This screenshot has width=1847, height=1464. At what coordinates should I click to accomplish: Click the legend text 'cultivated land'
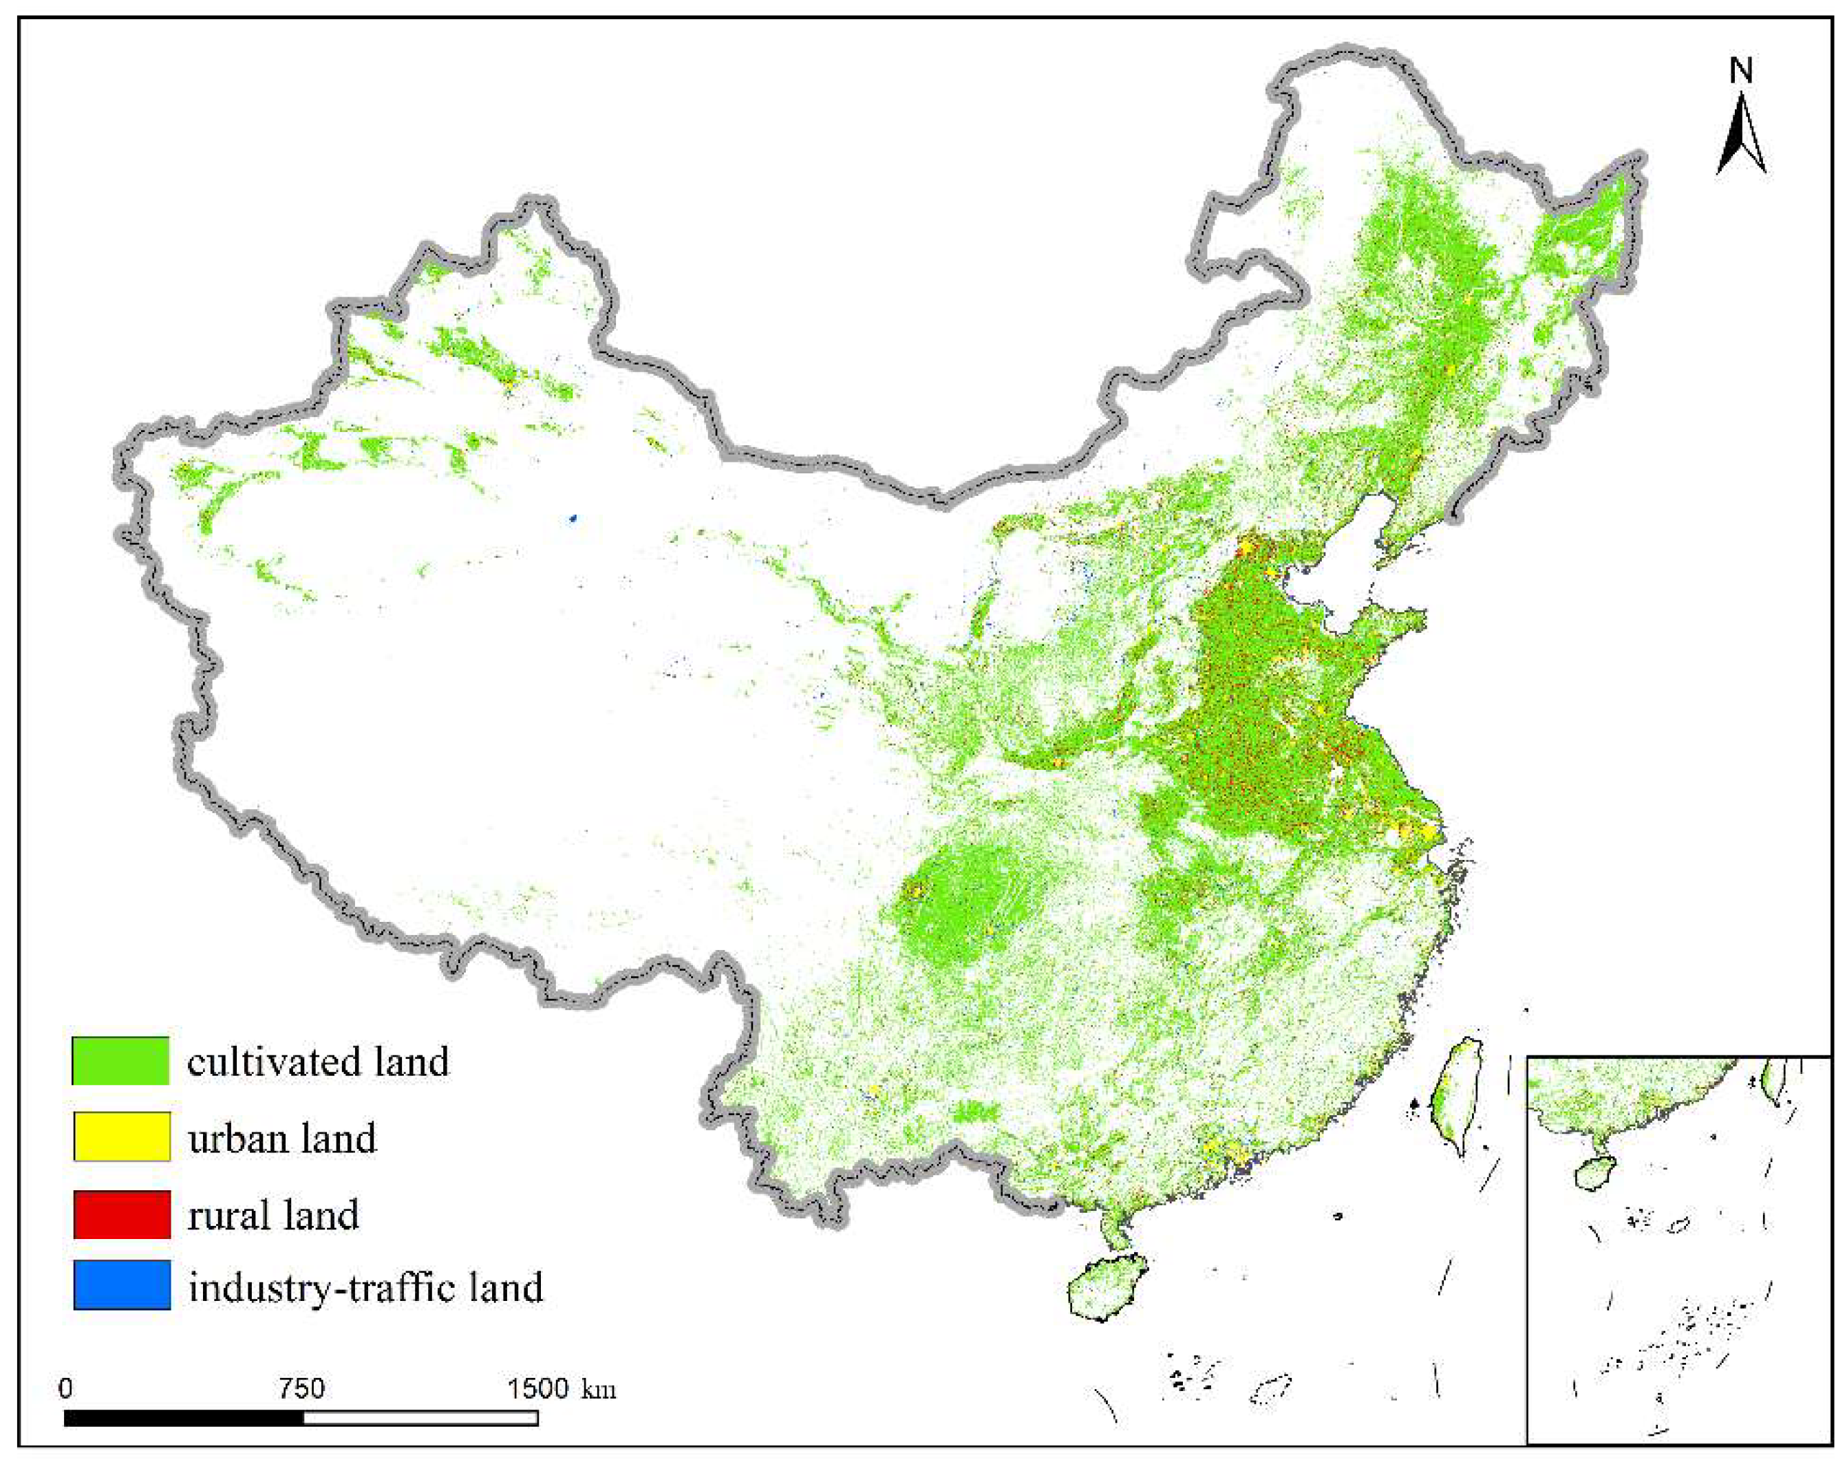[x=318, y=1062]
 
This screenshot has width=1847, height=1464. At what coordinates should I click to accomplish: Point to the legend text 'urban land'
[x=282, y=1138]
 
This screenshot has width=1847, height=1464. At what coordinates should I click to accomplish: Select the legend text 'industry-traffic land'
[x=366, y=1286]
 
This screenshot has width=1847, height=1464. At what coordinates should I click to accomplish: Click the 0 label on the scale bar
[x=66, y=1388]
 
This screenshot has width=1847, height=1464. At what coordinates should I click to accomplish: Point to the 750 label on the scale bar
[x=301, y=1388]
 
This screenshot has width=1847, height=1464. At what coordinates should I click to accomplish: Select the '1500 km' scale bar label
[x=561, y=1388]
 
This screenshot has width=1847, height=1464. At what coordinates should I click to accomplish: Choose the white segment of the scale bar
[x=420, y=1418]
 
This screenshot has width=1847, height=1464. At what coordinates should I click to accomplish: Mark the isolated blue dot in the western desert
[x=573, y=518]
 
